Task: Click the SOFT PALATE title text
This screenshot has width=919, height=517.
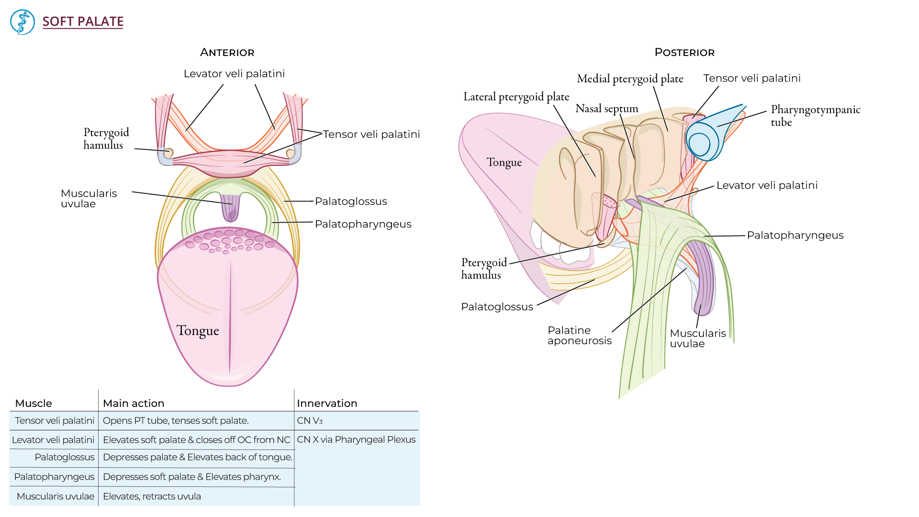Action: click(x=83, y=22)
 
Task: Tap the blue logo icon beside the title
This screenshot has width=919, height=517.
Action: click(x=22, y=22)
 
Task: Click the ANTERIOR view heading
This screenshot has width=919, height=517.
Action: click(x=227, y=53)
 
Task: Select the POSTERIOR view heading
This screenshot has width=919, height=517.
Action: click(x=684, y=53)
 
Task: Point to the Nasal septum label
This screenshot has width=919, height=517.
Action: click(x=606, y=109)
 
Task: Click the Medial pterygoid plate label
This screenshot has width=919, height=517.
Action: click(x=629, y=79)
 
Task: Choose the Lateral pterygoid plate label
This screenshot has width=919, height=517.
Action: click(x=516, y=97)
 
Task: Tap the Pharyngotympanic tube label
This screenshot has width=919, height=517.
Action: click(x=815, y=115)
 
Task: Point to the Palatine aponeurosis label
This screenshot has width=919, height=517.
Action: click(x=579, y=335)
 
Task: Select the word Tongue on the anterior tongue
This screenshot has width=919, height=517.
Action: click(x=198, y=330)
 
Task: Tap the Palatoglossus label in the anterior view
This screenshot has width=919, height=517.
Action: click(x=351, y=202)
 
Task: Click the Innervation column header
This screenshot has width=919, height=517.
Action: click(x=327, y=403)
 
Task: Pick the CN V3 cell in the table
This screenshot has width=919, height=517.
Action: click(x=310, y=421)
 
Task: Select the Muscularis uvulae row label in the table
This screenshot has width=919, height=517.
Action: click(x=56, y=496)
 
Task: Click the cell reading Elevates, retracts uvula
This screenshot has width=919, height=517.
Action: click(x=152, y=496)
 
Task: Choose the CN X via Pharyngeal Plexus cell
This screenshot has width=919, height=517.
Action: click(x=356, y=439)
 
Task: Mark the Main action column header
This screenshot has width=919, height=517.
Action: click(x=134, y=403)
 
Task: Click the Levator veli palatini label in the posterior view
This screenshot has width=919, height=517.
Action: click(x=767, y=185)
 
